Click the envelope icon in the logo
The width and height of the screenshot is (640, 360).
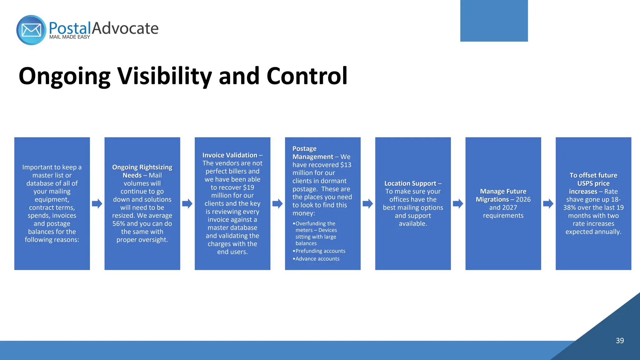coord(31,30)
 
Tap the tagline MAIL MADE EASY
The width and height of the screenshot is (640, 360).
coord(69,37)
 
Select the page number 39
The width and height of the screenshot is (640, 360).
coord(620,341)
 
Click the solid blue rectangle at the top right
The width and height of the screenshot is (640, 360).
coord(494,21)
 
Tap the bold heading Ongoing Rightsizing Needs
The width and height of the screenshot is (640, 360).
coord(142,171)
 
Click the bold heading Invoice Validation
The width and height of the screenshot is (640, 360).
coord(230,155)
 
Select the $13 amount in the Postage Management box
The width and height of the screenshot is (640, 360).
coord(346,165)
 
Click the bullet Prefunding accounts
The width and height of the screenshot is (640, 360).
coord(320,251)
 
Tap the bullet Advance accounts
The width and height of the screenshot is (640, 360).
coord(317,259)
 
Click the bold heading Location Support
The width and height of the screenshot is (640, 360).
coord(410,183)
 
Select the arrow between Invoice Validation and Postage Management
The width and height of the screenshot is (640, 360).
coord(277,204)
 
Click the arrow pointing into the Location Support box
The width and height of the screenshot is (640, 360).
coord(368,204)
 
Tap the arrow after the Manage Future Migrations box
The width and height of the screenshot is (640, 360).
coord(548,204)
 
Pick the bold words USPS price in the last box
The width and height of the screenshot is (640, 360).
coord(593,183)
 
